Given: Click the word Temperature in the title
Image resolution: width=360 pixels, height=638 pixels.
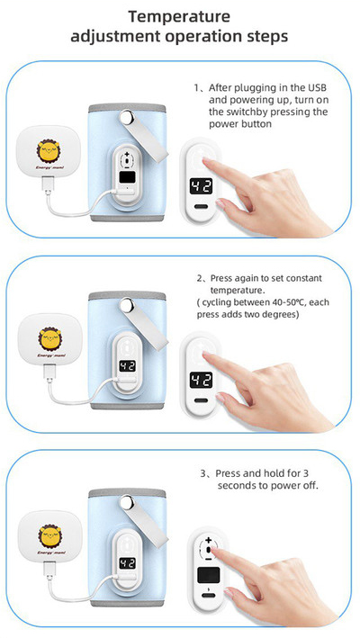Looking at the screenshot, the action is point(179,17).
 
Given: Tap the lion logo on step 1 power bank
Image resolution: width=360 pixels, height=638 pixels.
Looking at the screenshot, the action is point(49,150).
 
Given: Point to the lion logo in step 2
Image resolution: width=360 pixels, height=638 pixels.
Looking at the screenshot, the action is point(50,338).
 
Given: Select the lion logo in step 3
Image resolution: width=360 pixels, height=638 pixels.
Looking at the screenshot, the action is point(50,536).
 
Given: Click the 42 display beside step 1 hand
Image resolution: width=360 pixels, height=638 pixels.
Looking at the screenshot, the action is point(202,187).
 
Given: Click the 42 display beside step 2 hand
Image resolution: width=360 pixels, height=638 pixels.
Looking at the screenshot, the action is point(202,381).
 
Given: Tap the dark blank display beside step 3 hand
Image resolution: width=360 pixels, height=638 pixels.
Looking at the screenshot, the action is point(208,575).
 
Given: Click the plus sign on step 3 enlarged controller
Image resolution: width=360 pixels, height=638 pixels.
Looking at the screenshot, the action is point(208,540).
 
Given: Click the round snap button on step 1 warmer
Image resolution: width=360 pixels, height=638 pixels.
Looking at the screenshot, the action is point(126,118).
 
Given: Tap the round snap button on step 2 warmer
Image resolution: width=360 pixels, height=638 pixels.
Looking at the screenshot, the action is point(127,305).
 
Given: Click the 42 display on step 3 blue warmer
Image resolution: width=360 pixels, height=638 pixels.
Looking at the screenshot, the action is point(126,563).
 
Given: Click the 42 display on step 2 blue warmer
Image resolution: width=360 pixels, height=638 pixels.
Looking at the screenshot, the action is point(127,365).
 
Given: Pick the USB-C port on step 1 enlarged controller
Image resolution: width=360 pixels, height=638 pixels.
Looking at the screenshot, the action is point(201,207).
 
